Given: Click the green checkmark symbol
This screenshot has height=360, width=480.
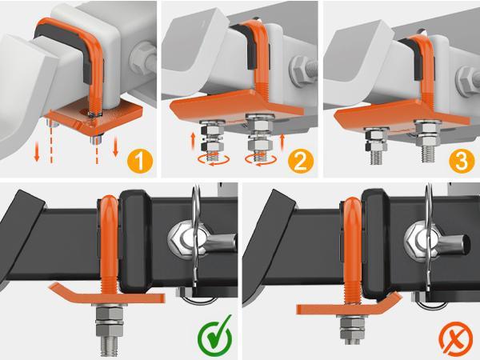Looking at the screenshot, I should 214,337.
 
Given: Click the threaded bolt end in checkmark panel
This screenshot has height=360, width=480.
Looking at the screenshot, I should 109,347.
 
